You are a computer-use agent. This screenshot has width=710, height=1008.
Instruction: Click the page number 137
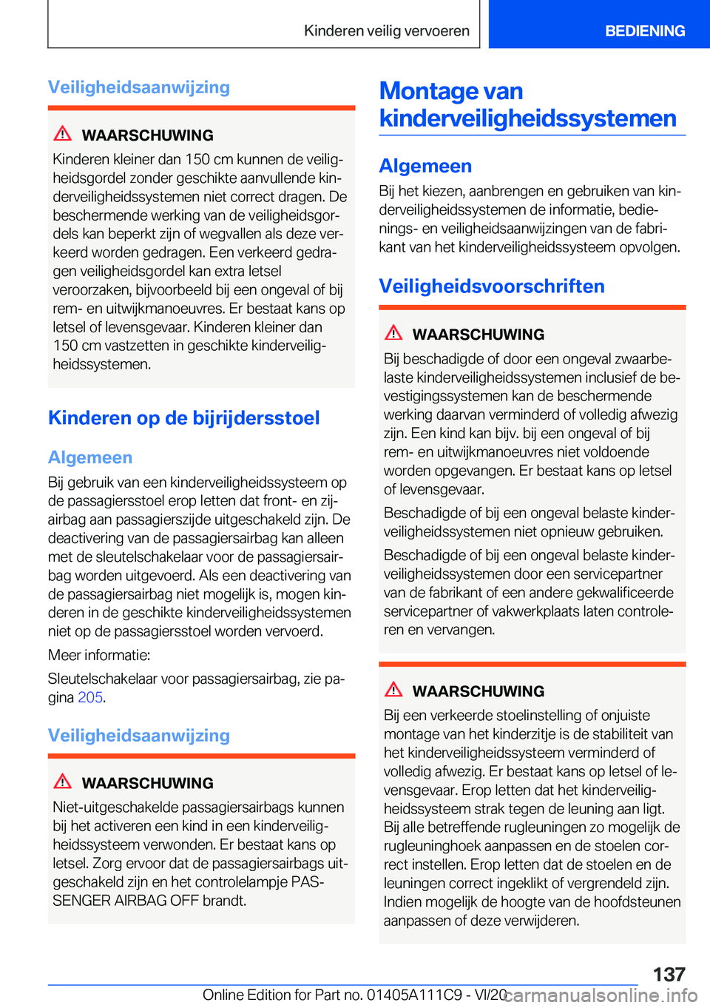(x=669, y=974)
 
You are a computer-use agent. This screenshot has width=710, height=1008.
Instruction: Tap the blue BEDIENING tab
(x=644, y=31)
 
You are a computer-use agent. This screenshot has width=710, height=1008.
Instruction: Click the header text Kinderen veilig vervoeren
(x=386, y=31)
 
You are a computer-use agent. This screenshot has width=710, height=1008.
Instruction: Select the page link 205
(x=89, y=697)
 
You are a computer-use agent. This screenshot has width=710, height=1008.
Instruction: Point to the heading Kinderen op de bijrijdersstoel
(x=183, y=418)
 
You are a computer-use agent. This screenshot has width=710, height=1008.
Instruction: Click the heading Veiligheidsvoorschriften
(x=491, y=286)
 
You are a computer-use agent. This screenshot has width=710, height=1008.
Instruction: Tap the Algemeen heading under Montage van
(x=425, y=166)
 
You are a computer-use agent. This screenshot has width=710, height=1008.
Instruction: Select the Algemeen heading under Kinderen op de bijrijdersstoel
(x=89, y=457)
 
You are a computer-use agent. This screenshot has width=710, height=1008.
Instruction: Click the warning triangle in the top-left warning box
(x=63, y=134)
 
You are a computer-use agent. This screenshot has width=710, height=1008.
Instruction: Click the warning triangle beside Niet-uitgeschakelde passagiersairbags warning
(x=63, y=782)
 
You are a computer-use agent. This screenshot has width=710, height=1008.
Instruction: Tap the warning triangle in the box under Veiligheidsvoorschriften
(x=393, y=333)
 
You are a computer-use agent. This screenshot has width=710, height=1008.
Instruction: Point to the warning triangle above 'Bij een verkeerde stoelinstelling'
(x=393, y=690)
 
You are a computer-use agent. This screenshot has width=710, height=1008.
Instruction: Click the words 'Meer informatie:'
(x=99, y=655)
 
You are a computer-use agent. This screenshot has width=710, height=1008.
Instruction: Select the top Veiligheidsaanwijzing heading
(x=138, y=87)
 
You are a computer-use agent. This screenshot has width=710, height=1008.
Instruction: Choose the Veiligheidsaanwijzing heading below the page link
(x=138, y=736)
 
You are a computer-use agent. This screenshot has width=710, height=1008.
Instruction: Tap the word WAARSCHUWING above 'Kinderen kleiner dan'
(x=147, y=135)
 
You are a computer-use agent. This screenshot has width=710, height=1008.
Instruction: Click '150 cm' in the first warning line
(x=208, y=159)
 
